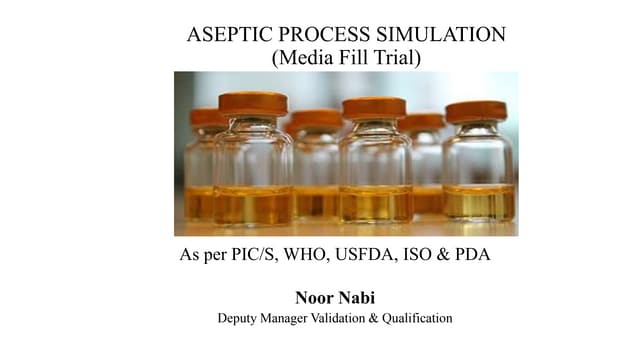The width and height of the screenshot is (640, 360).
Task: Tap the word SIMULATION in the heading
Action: point(443,35)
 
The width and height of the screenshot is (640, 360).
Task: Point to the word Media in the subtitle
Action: point(309,58)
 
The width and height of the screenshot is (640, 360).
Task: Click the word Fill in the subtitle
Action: point(357,58)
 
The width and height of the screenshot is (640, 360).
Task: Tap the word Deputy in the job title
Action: point(240,319)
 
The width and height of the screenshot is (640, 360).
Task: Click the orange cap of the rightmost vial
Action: point(476,111)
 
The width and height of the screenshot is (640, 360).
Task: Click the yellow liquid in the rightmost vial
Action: point(478,202)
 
